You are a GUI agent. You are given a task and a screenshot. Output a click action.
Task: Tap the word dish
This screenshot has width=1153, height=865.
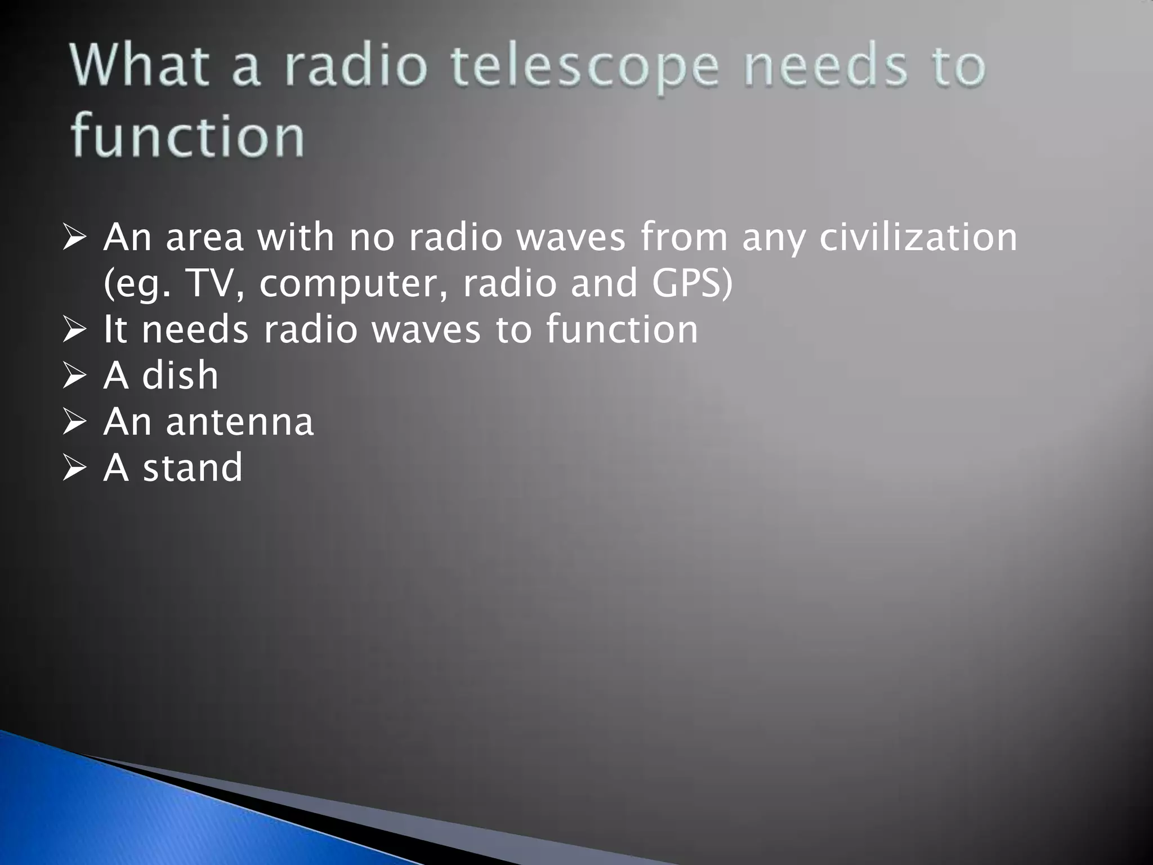coord(180,375)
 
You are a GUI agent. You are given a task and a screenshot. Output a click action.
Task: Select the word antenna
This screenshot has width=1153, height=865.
coord(239,422)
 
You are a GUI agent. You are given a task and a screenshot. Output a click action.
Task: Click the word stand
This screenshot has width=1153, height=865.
coord(193,467)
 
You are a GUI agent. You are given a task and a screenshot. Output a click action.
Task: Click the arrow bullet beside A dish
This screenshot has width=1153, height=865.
coord(74,376)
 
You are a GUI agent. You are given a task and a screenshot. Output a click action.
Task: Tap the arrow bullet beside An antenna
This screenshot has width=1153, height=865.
coord(74,422)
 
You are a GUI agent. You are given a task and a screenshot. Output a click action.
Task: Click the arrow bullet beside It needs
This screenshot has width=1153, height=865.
coord(74,330)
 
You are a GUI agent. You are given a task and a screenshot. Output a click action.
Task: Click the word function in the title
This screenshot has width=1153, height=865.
coord(187,136)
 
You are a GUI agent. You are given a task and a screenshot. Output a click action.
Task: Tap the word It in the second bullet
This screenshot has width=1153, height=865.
coord(115,329)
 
